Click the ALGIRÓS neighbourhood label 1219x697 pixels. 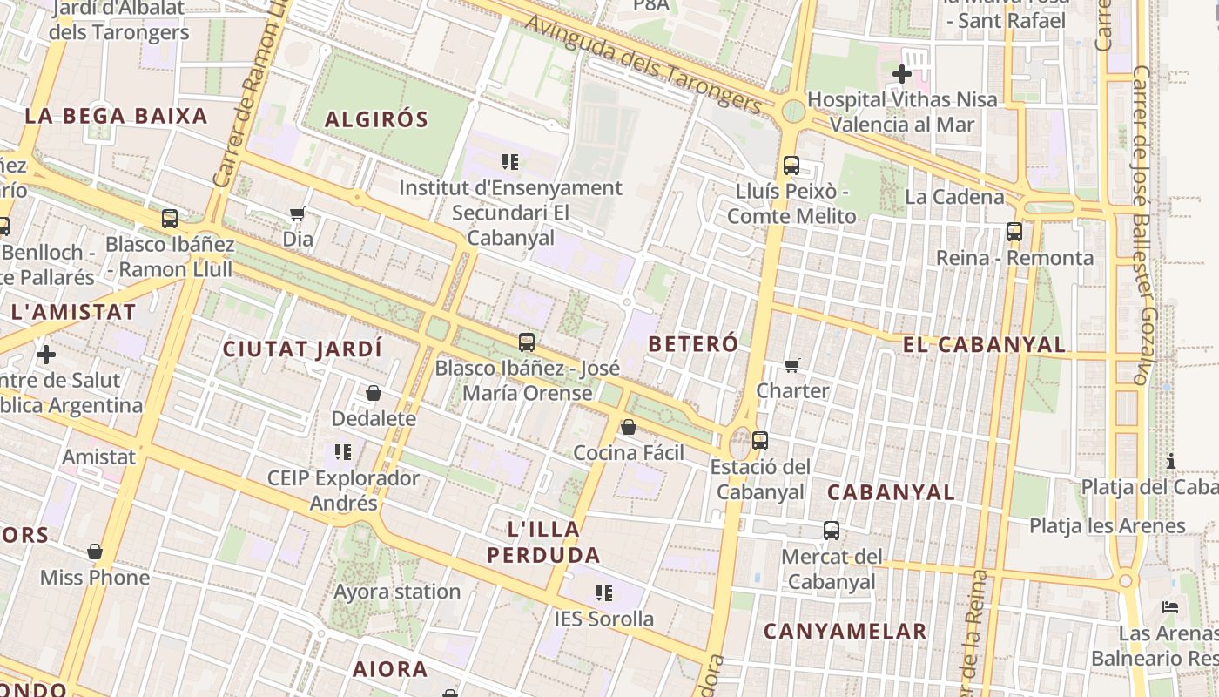pyautogui.click(x=376, y=119)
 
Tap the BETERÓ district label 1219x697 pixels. pyautogui.click(x=693, y=343)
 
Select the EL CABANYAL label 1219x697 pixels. pyautogui.click(x=984, y=345)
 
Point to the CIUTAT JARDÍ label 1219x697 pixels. pyautogui.click(x=302, y=349)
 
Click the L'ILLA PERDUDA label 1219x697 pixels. pyautogui.click(x=543, y=542)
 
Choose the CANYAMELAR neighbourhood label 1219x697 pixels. pyautogui.click(x=845, y=631)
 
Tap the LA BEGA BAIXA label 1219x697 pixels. pyautogui.click(x=116, y=116)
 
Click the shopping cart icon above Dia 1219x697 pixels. pyautogui.click(x=297, y=214)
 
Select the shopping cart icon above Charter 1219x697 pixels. pyautogui.click(x=791, y=366)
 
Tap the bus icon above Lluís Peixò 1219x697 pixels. pyautogui.click(x=791, y=166)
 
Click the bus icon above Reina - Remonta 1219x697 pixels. pyautogui.click(x=1014, y=232)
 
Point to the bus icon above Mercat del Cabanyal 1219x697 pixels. pyautogui.click(x=832, y=531)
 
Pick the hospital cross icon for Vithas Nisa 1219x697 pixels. pyautogui.click(x=902, y=74)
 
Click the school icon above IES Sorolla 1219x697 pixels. pyautogui.click(x=604, y=594)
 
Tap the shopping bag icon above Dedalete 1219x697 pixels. pyautogui.click(x=374, y=394)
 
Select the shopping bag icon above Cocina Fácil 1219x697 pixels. pyautogui.click(x=628, y=427)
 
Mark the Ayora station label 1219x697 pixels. pyautogui.click(x=397, y=592)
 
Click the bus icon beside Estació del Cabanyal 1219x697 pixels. pyautogui.click(x=760, y=441)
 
